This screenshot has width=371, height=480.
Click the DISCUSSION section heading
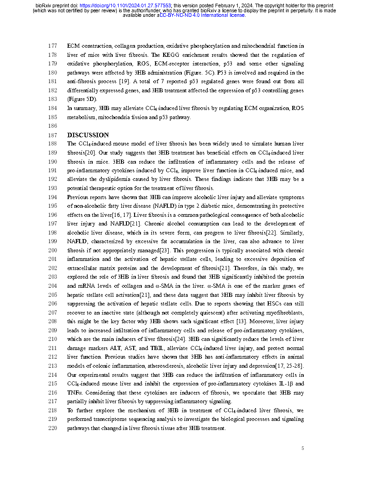pos(88,135)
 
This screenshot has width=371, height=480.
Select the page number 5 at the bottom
pos(302,449)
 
